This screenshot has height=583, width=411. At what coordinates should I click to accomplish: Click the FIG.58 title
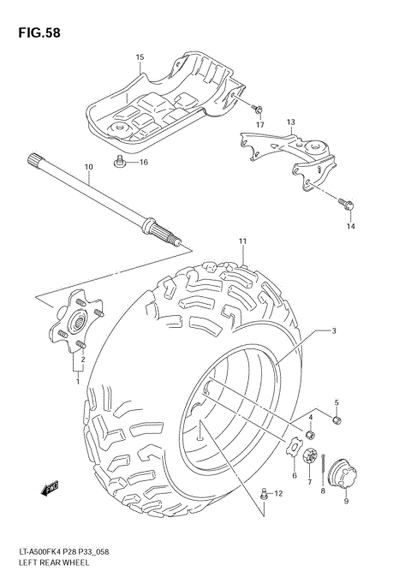(36, 33)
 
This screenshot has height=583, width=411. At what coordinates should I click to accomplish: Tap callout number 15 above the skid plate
(140, 57)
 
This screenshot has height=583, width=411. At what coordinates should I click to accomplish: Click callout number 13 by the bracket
(290, 123)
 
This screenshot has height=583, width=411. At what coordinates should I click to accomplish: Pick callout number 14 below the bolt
(349, 226)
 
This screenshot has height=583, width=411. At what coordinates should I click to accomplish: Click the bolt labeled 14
(347, 203)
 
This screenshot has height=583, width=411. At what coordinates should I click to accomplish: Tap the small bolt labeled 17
(257, 108)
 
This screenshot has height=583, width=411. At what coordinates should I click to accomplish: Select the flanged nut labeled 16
(120, 161)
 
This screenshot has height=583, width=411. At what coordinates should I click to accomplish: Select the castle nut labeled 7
(309, 456)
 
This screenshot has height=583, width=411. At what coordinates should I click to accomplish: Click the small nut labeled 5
(337, 420)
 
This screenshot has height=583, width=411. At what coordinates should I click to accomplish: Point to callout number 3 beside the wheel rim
(334, 331)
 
